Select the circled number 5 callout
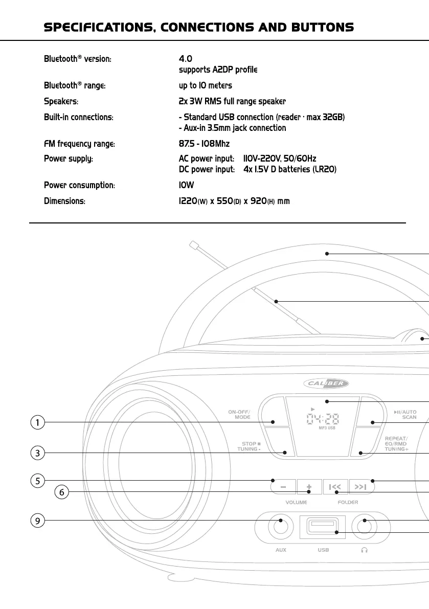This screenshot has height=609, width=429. pos(37,481)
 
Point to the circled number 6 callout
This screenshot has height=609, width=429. pos(61,492)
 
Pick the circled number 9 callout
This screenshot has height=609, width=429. pos(37,521)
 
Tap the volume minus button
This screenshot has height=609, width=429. pos(283,487)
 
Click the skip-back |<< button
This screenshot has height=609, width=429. pos(335,487)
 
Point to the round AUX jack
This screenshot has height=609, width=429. pos(280,527)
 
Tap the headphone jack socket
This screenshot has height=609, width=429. pos(364,527)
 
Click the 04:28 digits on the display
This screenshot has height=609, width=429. pos(322,434)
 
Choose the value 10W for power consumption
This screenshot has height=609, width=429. pos(186,185)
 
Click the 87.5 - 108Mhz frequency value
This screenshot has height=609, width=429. pos(204,145)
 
